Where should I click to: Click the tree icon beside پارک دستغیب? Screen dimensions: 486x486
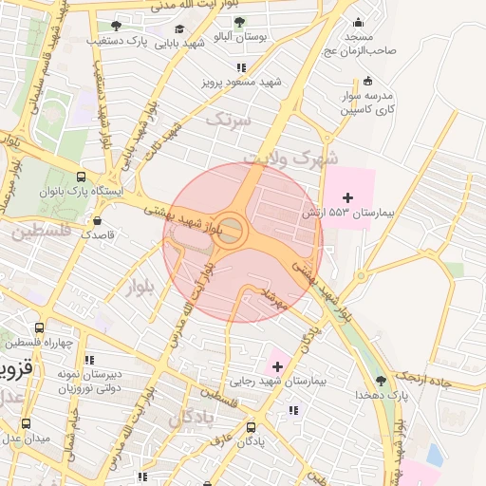tap(117, 26)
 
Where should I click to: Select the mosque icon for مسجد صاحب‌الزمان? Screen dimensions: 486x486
tap(358, 23)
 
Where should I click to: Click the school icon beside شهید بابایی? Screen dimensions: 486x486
tap(179, 28)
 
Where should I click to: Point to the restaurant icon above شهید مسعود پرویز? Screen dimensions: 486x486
tap(241, 67)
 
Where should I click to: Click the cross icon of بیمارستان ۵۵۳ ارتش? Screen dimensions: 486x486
tap(347, 197)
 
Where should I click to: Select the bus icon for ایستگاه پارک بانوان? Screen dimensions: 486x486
tap(81, 177)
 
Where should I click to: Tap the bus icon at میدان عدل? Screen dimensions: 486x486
tap(26, 423)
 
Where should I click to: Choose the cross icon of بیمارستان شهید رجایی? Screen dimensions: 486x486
tap(276, 365)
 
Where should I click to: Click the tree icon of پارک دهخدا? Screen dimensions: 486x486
tap(382, 380)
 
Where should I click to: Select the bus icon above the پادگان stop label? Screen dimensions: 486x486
tap(252, 427)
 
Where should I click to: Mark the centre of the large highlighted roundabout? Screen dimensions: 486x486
tap(229, 230)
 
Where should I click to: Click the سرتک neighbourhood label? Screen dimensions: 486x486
tap(230, 121)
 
